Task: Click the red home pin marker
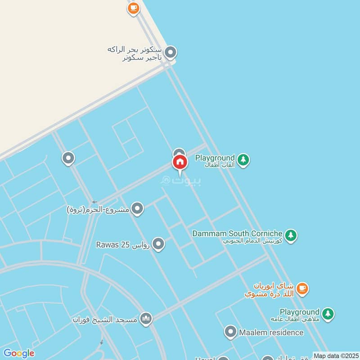point(180,162)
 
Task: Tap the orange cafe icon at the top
point(133,8)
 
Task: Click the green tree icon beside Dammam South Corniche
point(291,235)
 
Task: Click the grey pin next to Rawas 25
point(158,244)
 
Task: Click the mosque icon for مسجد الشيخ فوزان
point(146,319)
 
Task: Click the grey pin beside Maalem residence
point(230,333)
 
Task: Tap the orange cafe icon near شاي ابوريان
point(302,288)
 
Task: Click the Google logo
point(18,353)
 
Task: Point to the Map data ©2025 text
point(336,355)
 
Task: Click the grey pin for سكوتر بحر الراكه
point(170,53)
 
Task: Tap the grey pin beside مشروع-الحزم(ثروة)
point(137,209)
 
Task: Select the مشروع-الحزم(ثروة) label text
point(98,209)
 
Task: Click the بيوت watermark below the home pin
point(181,180)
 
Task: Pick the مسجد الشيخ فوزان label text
point(106,319)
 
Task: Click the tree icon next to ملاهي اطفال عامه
point(328,314)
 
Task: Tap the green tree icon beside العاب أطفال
point(243,160)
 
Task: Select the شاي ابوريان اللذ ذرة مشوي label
point(269,290)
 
